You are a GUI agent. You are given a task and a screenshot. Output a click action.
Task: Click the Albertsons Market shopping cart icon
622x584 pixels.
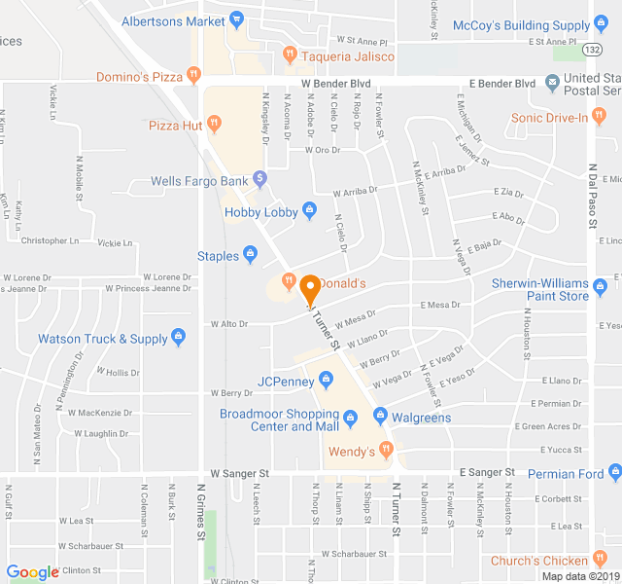click(237, 19)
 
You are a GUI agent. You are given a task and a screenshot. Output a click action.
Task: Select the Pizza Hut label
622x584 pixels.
click(175, 125)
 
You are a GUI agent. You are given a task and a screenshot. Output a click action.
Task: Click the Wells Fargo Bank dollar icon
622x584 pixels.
click(259, 179)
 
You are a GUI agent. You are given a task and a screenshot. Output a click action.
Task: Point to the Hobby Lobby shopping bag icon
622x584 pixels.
click(309, 210)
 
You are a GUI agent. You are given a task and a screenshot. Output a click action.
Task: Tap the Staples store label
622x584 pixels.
click(218, 256)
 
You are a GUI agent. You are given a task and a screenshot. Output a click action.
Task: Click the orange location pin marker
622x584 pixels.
click(310, 288)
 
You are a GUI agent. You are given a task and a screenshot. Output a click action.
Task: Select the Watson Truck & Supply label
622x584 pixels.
click(102, 339)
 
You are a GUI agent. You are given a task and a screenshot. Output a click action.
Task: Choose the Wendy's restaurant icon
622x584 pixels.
click(386, 450)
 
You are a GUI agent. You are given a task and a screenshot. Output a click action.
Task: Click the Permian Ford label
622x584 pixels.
click(564, 474)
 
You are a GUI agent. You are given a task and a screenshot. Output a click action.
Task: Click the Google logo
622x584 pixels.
click(32, 572)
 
